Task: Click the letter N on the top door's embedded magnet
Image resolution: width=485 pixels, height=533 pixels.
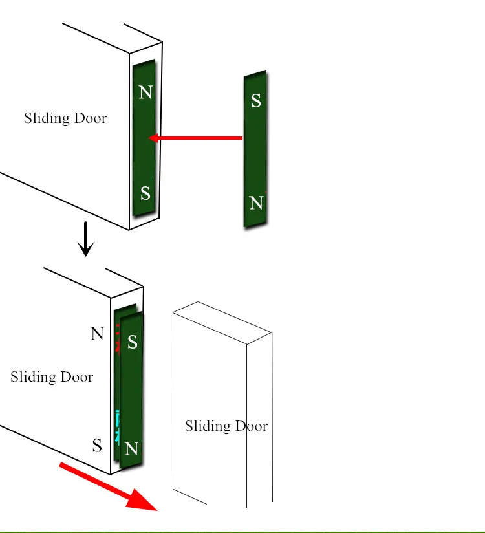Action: click(145, 92)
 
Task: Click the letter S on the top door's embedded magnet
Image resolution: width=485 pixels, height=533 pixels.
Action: click(145, 193)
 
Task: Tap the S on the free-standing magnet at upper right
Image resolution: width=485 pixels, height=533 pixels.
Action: click(256, 101)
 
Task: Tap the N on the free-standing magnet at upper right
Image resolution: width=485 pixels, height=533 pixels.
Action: click(256, 203)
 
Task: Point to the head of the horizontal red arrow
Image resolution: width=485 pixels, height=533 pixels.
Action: click(153, 138)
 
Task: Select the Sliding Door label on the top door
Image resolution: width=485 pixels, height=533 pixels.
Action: click(65, 118)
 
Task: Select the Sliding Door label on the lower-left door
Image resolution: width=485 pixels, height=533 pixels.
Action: click(52, 377)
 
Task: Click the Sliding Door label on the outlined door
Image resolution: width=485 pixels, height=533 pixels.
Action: click(226, 426)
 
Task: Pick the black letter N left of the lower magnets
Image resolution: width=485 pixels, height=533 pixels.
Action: click(97, 334)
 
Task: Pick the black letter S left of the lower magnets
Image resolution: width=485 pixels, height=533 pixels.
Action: click(97, 445)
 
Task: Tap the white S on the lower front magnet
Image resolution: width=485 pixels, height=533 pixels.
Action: click(132, 342)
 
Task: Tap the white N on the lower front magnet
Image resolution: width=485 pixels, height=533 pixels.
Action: click(131, 448)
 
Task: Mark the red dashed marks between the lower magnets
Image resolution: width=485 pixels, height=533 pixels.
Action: click(118, 340)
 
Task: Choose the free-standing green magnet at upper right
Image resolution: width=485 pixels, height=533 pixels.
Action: click(255, 149)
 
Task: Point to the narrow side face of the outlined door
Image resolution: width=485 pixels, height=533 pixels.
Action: click(259, 420)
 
